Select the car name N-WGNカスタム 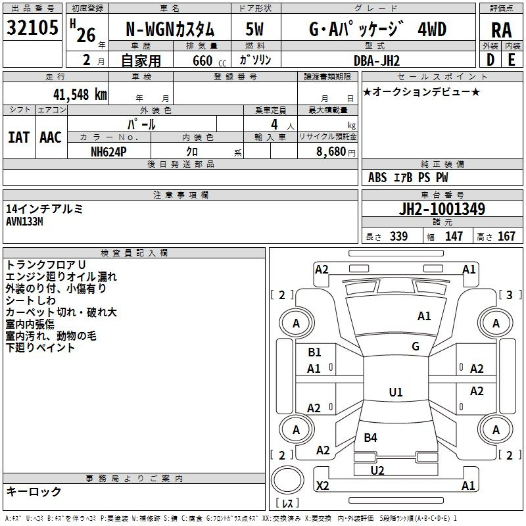[x=170, y=30]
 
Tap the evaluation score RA [x=501, y=30]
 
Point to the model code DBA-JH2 [x=377, y=60]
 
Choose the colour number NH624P [x=109, y=151]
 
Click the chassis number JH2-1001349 [x=442, y=209]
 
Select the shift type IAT [x=18, y=137]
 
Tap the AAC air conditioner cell [x=51, y=137]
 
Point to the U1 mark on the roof [x=395, y=393]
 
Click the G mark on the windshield [x=416, y=347]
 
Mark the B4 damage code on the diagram [x=370, y=438]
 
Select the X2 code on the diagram [x=322, y=486]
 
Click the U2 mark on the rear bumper [x=377, y=470]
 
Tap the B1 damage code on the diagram [x=314, y=352]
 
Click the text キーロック [x=34, y=491]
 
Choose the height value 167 [x=506, y=237]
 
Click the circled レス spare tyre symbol [x=287, y=483]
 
